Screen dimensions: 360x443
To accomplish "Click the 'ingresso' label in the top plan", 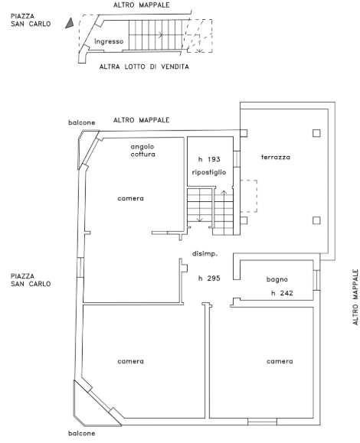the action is click(x=109, y=41).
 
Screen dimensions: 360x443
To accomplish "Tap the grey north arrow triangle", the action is click(x=70, y=23).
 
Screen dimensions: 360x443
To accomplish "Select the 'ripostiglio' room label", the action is click(x=209, y=172).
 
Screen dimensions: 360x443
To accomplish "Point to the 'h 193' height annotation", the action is click(x=209, y=159).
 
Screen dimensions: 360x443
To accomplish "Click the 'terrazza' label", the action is click(x=276, y=157).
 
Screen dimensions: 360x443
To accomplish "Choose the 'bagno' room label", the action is click(x=277, y=279).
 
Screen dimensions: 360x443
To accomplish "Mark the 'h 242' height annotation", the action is click(x=282, y=293).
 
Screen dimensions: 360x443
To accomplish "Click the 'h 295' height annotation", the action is click(x=209, y=279).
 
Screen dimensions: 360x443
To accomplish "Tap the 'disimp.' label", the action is click(x=205, y=254).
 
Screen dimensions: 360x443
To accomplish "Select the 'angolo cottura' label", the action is click(x=142, y=150).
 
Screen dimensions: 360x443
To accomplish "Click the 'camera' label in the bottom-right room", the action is click(x=280, y=361).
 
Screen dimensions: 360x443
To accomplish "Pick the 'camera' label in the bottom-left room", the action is click(x=131, y=361).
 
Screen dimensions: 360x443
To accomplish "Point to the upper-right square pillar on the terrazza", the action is click(x=316, y=133).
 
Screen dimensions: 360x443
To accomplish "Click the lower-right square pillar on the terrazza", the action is click(x=316, y=220).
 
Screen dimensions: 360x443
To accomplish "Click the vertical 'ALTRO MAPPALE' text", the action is click(x=355, y=297).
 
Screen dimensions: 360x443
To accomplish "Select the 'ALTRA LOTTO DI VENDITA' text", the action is click(x=144, y=67).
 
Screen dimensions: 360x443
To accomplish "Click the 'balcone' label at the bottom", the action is click(x=82, y=433).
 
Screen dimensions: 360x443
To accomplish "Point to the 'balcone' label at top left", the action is click(x=82, y=122).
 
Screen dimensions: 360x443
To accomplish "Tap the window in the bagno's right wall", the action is click(x=317, y=280).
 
